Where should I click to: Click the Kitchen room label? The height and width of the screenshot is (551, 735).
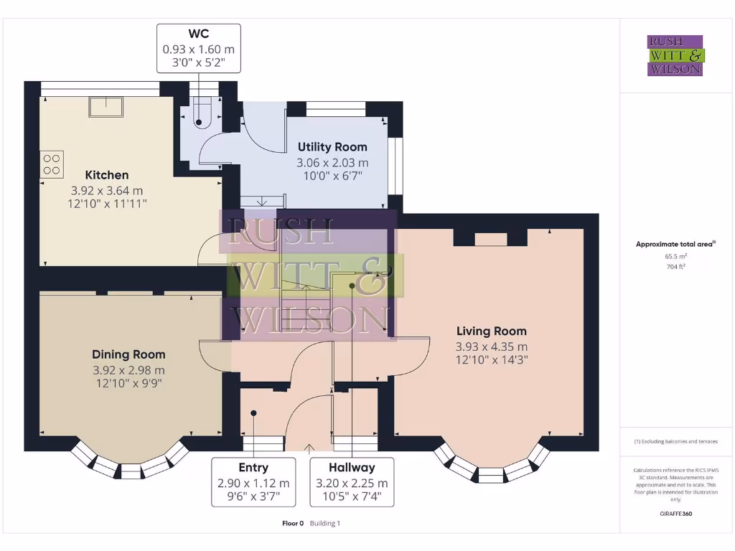tap(107, 175)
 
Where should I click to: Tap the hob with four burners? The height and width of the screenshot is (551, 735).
tap(52, 164)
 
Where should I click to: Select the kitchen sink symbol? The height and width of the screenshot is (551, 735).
tap(106, 107)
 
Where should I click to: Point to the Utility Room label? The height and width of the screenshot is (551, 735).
tap(332, 147)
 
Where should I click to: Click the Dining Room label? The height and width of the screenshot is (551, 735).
tap(128, 354)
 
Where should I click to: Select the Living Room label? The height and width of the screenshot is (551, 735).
tap(492, 331)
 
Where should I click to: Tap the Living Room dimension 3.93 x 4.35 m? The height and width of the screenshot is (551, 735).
tap(492, 347)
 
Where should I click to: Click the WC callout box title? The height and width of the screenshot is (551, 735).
tap(199, 34)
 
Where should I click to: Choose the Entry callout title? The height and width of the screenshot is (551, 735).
tap(253, 468)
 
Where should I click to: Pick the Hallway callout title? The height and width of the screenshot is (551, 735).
tap(352, 468)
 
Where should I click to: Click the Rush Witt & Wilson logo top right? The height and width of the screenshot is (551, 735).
tap(675, 55)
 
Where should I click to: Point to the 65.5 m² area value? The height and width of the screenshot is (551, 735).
tap(676, 256)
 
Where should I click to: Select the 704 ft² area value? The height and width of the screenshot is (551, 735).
tap(676, 267)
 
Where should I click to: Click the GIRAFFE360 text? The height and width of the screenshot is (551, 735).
tap(676, 514)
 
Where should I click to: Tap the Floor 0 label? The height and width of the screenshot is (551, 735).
tap(293, 523)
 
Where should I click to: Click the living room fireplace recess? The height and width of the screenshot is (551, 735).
tap(491, 239)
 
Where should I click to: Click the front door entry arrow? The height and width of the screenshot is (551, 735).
tap(309, 448)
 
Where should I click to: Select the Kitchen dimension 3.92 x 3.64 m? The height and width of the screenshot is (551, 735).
tap(107, 191)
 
